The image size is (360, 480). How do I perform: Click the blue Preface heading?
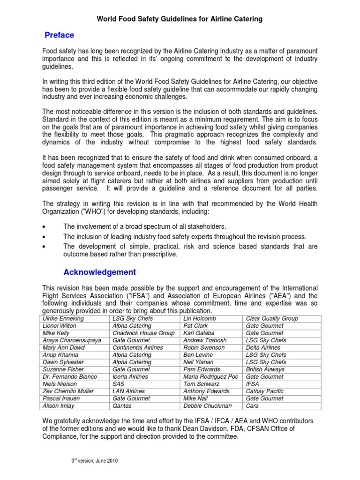pos(59,35)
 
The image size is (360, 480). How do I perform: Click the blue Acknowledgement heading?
pos(99,272)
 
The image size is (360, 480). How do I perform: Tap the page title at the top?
pos(180,19)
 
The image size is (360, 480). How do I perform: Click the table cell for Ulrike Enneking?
pos(64,319)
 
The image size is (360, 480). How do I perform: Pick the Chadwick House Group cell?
pos(143,333)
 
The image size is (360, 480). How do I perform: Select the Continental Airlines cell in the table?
pos(138,348)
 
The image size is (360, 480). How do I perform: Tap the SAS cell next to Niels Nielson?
pos(119,384)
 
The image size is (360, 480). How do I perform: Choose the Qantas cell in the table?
pos(123,406)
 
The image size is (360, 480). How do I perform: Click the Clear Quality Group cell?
pos(272,319)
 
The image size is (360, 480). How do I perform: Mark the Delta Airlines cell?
pos(263,348)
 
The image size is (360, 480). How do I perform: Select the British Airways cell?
pos(265,369)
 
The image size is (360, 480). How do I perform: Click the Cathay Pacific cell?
pos(264,391)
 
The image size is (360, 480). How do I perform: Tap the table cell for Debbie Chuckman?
pos(207,406)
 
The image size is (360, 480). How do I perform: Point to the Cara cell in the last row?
pos(254,406)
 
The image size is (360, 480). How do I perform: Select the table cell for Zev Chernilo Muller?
pos(68,391)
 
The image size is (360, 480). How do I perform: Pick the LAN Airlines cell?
pos(128,391)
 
